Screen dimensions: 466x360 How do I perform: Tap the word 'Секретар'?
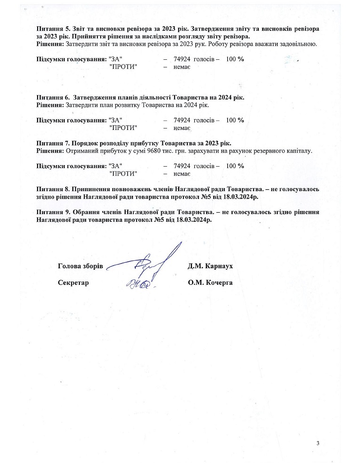coord(73,283)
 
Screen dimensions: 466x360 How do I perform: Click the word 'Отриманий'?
coord(81,151)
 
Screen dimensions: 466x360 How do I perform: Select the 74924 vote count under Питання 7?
coord(182,166)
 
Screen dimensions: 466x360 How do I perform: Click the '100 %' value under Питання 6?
coord(235,120)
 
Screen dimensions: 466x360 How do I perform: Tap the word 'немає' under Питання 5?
coord(182,67)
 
